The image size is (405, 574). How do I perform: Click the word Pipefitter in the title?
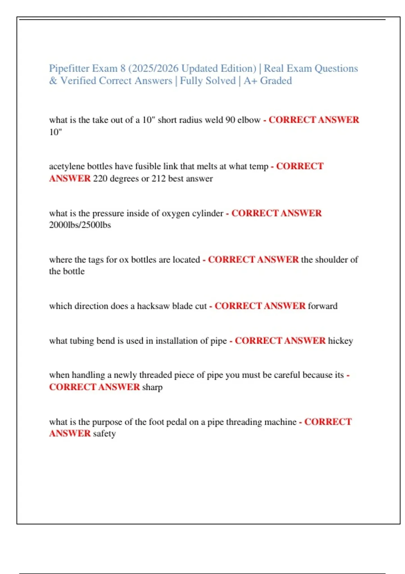click(x=69, y=69)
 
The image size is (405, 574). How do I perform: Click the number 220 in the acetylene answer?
click(x=100, y=179)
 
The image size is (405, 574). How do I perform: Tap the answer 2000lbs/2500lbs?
click(x=80, y=225)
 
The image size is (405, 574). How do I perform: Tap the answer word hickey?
click(x=341, y=341)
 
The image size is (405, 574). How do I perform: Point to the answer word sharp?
click(x=152, y=387)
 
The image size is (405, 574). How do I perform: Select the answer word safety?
click(x=104, y=434)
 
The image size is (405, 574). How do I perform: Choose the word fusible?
click(x=148, y=166)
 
